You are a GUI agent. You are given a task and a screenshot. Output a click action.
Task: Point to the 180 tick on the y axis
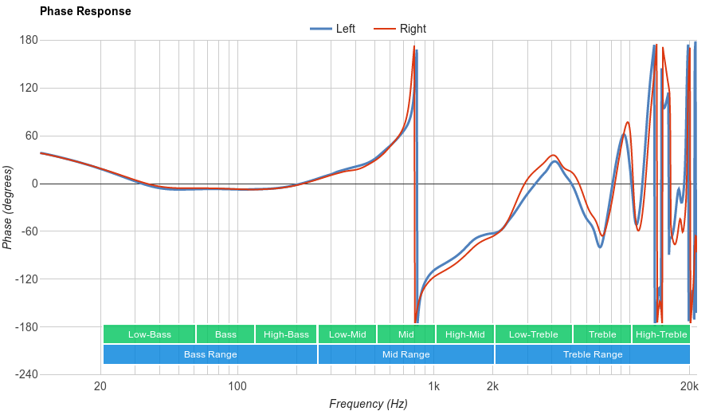click(29, 41)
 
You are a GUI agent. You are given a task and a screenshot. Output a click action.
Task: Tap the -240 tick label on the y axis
click(27, 374)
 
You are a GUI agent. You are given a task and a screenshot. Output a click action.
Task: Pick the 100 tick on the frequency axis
click(237, 387)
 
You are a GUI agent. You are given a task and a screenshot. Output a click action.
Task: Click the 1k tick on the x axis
click(433, 387)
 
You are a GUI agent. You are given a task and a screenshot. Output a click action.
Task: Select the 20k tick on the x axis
click(689, 387)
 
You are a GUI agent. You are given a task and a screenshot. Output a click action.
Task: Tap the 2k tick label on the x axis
click(493, 387)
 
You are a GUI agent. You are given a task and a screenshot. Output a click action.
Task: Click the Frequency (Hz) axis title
click(368, 404)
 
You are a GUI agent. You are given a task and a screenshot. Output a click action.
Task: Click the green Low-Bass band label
click(149, 334)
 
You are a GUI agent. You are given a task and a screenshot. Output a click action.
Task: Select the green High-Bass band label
click(286, 334)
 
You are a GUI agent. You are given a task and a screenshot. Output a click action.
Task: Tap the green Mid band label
click(406, 334)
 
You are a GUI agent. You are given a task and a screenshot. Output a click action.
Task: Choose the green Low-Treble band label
click(533, 334)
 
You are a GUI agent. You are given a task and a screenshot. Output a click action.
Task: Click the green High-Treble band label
click(661, 334)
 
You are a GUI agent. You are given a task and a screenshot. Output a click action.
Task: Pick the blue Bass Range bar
click(210, 354)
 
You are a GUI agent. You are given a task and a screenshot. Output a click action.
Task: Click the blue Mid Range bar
click(406, 354)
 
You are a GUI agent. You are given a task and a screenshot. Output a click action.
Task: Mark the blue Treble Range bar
click(593, 354)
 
